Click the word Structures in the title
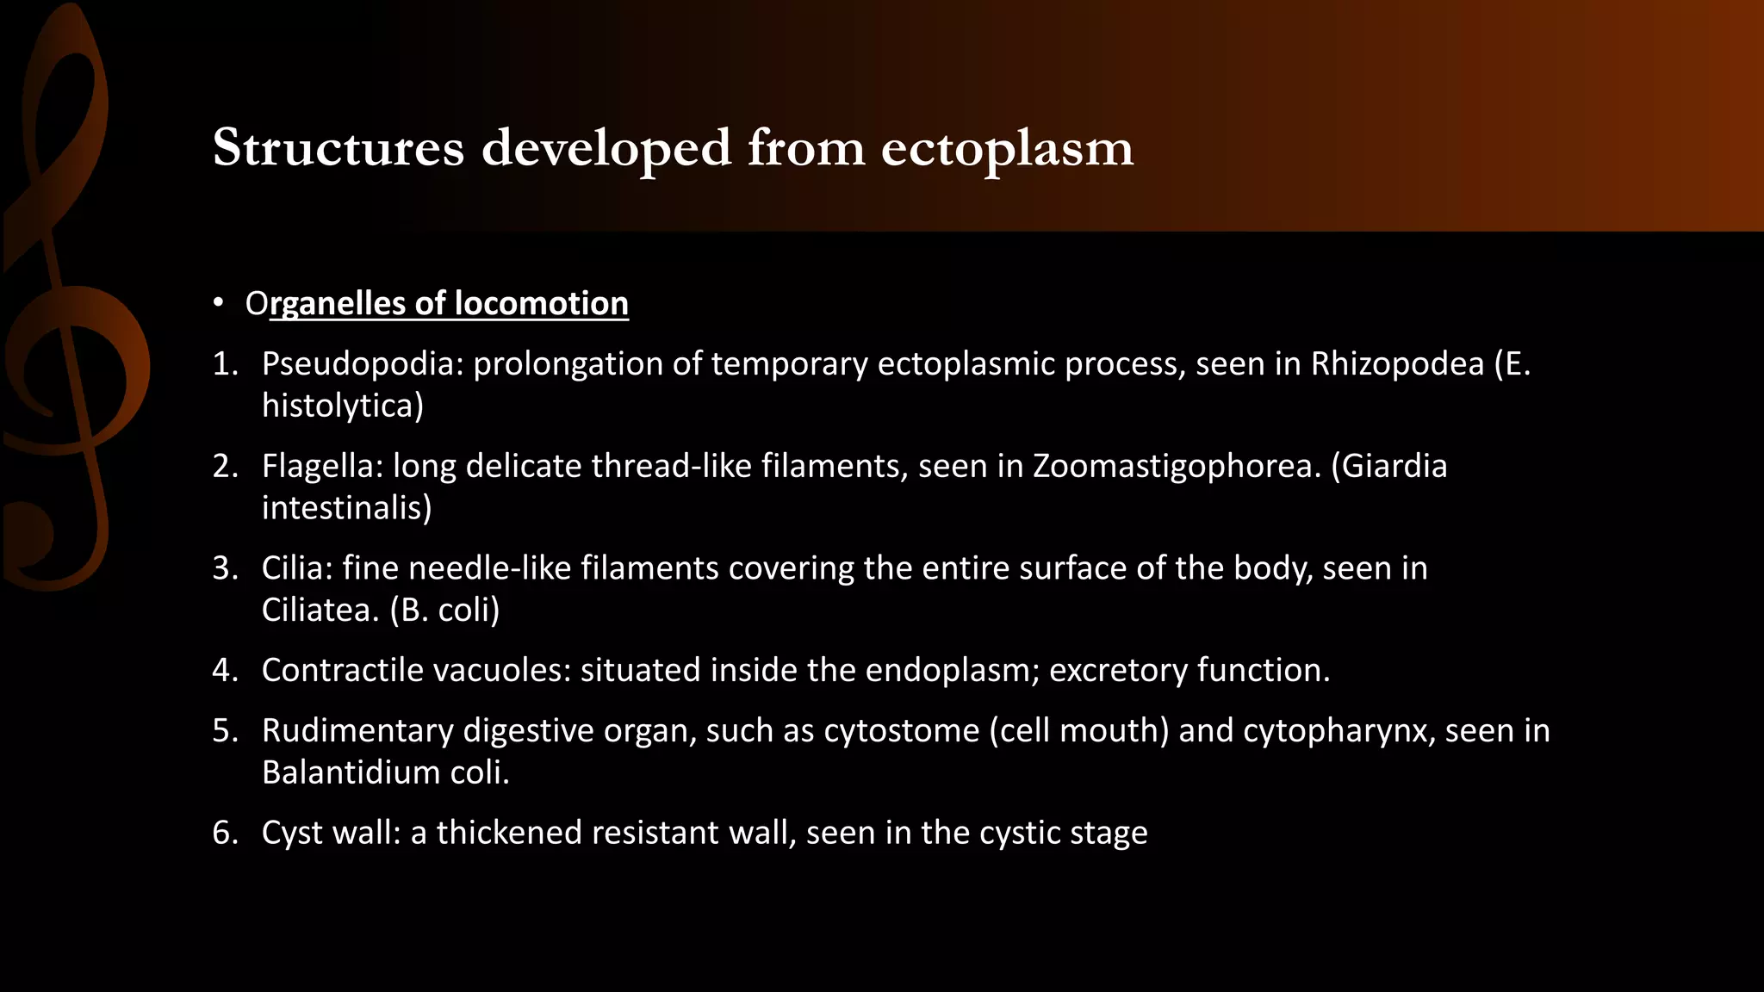338,148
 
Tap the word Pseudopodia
362,364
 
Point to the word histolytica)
343,406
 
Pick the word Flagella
322,466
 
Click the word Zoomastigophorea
1177,466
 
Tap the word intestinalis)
346,508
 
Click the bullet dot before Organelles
219,304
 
